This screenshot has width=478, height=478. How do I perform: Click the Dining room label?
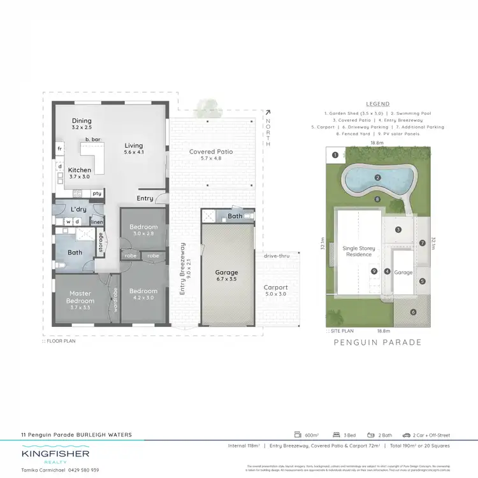82,120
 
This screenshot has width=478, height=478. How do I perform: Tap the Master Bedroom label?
81,297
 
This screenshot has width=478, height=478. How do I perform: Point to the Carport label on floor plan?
276,287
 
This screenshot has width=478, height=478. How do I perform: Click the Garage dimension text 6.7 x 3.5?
227,279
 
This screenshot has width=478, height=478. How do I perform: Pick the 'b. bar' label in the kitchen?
94,139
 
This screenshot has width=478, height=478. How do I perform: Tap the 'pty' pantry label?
96,193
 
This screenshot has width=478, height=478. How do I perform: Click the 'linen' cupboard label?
97,222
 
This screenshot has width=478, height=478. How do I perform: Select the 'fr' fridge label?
59,148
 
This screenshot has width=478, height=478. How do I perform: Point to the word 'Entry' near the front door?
145,198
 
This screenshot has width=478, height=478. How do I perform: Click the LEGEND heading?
378,104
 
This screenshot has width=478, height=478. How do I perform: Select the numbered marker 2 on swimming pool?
377,177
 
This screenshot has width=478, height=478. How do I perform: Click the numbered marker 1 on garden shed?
335,155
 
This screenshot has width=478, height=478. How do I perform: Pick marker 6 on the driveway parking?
413,312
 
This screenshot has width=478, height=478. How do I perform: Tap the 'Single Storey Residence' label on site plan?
358,251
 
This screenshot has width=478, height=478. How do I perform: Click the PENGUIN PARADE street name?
378,342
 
